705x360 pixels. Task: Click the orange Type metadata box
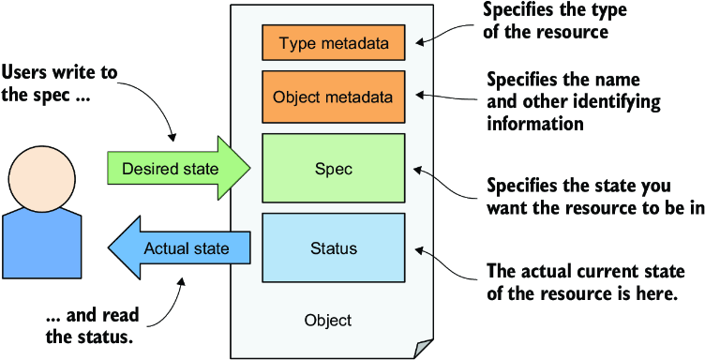334,43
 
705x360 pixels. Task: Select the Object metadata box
334,97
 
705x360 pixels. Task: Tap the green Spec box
334,168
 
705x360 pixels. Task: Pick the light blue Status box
334,247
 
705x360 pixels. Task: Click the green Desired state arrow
178,168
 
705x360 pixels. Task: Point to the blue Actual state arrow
178,247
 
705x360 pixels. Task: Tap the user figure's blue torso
42,243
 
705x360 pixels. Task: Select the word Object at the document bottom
328,321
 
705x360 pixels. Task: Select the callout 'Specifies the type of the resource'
546,21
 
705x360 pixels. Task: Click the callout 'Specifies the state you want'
593,198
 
